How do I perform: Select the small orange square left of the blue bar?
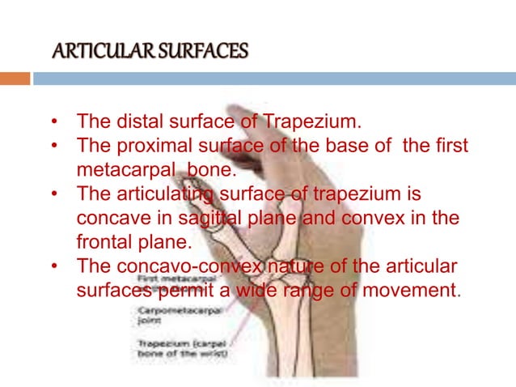[15, 79]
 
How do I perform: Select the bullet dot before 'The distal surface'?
[54, 123]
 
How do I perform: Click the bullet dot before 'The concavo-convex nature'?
[54, 266]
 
